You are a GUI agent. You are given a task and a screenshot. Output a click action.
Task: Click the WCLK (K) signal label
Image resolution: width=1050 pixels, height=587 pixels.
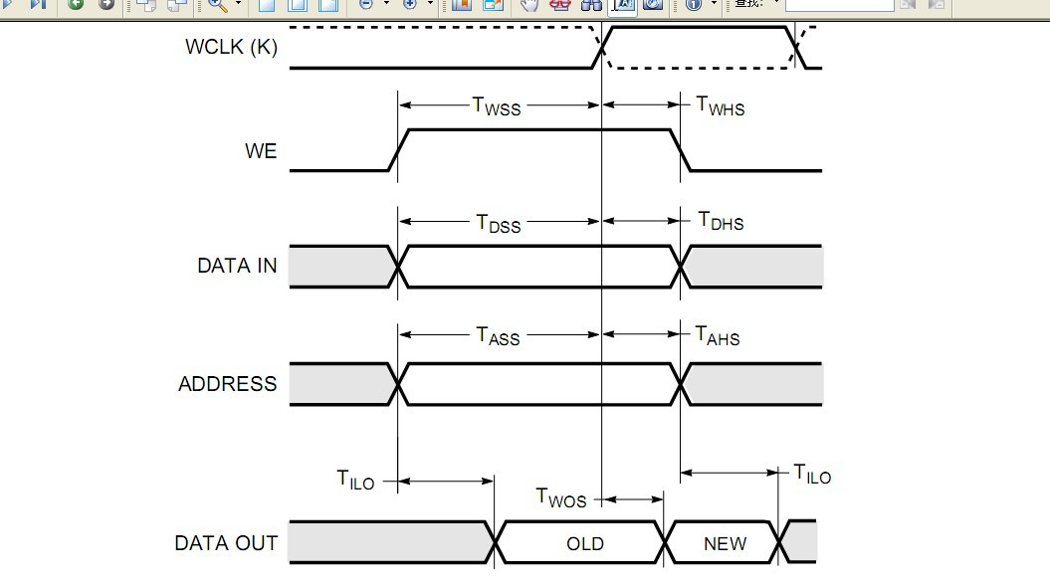(x=231, y=47)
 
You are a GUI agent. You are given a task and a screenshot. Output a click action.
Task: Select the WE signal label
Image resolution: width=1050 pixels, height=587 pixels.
(x=261, y=152)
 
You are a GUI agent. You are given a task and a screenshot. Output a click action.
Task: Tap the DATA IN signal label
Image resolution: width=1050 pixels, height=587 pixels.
(x=237, y=266)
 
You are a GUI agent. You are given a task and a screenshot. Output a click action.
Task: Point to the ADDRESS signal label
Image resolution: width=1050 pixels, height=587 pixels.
(x=227, y=384)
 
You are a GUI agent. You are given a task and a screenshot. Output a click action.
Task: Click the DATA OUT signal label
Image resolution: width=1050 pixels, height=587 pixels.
(x=226, y=543)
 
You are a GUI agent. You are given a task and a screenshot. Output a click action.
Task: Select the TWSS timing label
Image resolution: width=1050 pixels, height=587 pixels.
(x=496, y=105)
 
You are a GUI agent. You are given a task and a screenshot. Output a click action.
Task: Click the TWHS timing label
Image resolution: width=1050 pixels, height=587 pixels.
(x=720, y=105)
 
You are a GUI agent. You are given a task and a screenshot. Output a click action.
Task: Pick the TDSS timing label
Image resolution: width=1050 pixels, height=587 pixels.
(x=498, y=223)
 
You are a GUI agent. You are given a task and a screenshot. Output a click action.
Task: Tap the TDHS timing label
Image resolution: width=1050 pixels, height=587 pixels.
(x=721, y=221)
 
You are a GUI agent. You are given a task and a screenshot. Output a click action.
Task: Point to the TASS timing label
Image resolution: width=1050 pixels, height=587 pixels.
(x=498, y=335)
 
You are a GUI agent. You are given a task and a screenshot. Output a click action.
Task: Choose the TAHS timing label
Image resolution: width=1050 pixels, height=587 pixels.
(x=718, y=335)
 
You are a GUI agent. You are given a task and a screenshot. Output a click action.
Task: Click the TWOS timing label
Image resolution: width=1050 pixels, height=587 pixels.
(x=561, y=496)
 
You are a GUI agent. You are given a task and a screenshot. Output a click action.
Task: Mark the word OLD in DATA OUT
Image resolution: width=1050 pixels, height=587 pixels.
(x=585, y=543)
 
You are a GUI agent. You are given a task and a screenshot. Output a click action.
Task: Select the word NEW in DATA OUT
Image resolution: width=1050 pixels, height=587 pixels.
(x=725, y=543)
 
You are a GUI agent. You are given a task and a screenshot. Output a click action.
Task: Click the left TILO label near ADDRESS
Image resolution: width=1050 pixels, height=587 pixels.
(x=355, y=481)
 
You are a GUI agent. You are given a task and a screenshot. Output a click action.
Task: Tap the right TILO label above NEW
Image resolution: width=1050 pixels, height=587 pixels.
(x=812, y=474)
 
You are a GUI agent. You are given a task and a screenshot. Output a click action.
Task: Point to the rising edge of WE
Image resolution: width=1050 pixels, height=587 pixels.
(x=398, y=150)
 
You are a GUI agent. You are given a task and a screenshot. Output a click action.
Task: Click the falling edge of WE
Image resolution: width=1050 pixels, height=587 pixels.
(x=681, y=150)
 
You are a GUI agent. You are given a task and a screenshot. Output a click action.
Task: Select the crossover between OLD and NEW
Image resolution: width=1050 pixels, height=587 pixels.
(x=664, y=542)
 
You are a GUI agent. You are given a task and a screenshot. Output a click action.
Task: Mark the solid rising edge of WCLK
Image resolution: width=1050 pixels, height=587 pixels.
(x=602, y=48)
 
